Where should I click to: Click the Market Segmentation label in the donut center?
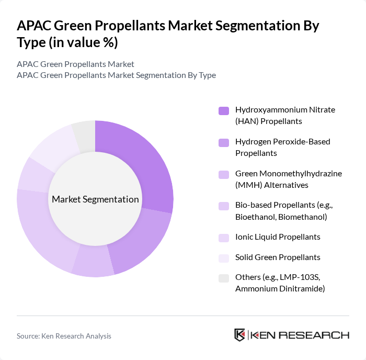tap(95, 199)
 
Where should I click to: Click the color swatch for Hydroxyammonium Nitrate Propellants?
tap(224, 110)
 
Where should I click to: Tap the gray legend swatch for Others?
tap(224, 278)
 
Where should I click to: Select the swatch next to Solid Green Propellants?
tap(224, 257)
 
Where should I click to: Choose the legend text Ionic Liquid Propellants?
tap(278, 237)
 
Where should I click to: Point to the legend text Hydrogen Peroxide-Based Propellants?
tap(282, 147)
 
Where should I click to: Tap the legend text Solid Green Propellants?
tap(278, 257)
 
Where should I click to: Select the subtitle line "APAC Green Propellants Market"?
tap(75, 64)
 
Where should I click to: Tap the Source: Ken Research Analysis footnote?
tap(64, 336)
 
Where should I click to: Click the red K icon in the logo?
tap(240, 335)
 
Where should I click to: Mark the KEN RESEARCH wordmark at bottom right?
tap(300, 335)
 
